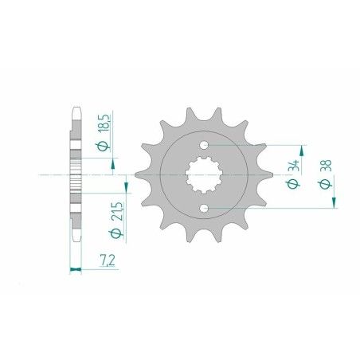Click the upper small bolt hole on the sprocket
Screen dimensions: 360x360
point(205,146)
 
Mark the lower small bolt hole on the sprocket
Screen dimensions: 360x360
point(205,208)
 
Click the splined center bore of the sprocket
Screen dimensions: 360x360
point(205,177)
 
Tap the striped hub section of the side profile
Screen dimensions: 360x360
point(76,174)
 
